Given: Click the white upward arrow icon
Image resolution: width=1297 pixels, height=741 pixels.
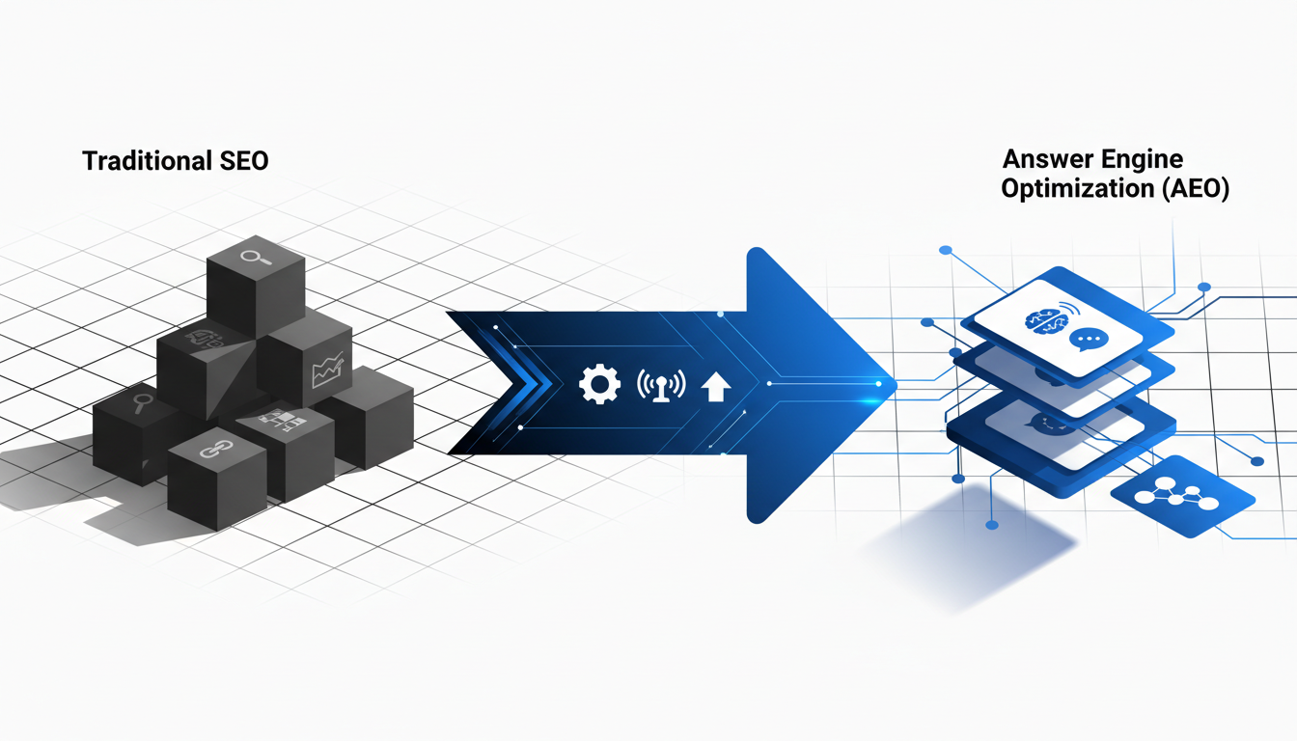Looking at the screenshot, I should click(715, 387).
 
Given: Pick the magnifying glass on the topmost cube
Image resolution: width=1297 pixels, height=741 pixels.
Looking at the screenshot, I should click(256, 257).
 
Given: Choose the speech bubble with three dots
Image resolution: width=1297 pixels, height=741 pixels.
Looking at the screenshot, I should click(1086, 340).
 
